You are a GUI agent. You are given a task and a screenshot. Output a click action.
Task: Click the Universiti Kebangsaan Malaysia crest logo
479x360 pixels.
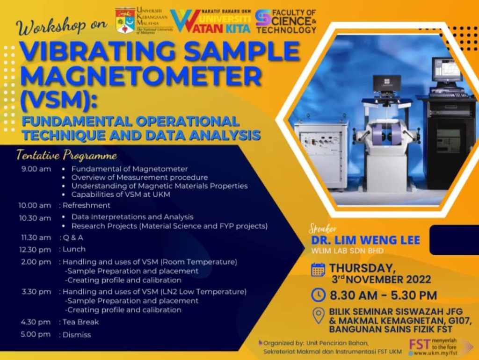125,21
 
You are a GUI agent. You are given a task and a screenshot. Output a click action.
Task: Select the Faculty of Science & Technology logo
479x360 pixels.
286,21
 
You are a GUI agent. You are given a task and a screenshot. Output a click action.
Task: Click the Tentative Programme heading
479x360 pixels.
67,155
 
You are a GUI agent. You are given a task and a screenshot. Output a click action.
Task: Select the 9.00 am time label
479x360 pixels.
36,169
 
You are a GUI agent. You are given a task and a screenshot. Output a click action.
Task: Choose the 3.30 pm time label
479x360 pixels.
36,292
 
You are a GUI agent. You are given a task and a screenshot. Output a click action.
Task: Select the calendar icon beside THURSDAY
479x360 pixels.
318,270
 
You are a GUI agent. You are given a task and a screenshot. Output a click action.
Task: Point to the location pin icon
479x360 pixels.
319,316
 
